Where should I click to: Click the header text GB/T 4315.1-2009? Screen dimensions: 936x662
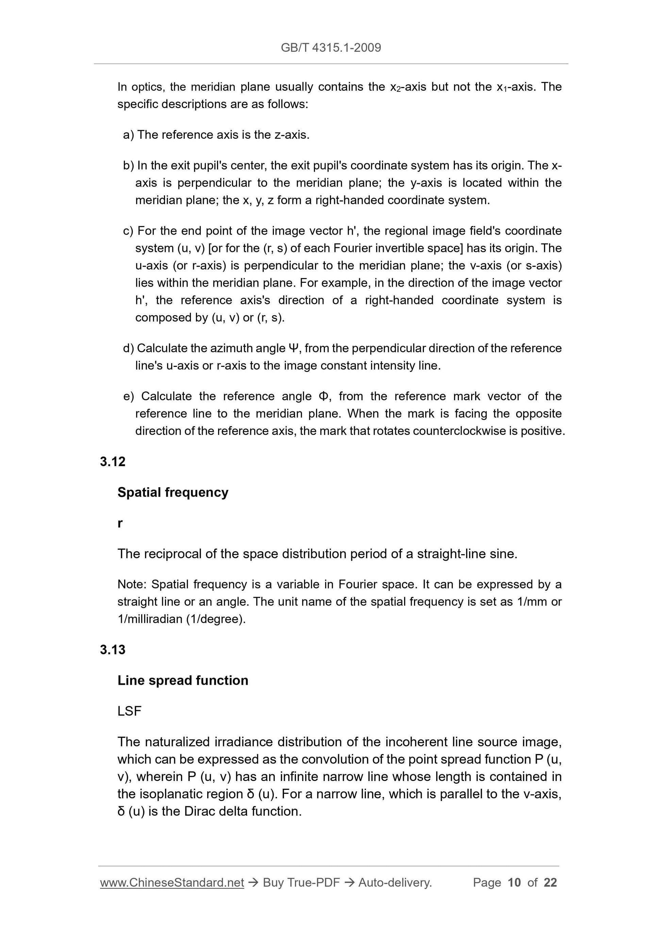[331, 48]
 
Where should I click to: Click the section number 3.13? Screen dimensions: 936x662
[113, 649]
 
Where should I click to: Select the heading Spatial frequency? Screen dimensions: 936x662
[173, 492]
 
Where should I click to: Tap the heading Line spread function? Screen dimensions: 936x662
[183, 680]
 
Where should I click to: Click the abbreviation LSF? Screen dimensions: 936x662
[129, 711]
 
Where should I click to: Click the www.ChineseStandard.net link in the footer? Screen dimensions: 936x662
[172, 883]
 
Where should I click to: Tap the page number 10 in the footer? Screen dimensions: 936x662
[514, 883]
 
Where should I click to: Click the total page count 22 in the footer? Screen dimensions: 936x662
[550, 883]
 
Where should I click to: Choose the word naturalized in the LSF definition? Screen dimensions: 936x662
[177, 742]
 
